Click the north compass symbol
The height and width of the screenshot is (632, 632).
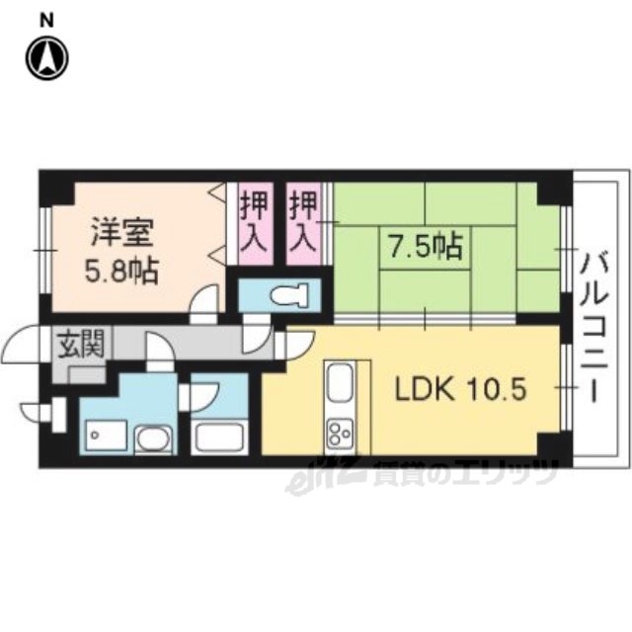(x=47, y=58)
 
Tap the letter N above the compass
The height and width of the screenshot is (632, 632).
(x=46, y=21)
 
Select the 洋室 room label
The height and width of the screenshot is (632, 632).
(x=122, y=232)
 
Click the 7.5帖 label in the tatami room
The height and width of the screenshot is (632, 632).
(x=426, y=246)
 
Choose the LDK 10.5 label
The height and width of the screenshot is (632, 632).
(x=460, y=390)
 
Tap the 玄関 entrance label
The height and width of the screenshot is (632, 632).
(x=81, y=345)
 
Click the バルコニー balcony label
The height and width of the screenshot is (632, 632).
(x=593, y=327)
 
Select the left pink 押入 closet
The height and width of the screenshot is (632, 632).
(x=255, y=224)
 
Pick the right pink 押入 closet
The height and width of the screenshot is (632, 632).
(x=304, y=224)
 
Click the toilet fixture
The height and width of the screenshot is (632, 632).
(x=289, y=294)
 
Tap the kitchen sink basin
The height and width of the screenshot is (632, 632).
(x=340, y=381)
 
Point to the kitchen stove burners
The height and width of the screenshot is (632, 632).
(x=341, y=433)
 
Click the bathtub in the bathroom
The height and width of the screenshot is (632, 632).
(x=219, y=437)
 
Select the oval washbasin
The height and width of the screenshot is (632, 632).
(x=153, y=439)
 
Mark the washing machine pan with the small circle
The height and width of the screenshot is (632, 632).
(x=106, y=436)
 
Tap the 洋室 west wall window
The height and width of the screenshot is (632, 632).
(x=46, y=250)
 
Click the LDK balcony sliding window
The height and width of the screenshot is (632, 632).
(x=566, y=387)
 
